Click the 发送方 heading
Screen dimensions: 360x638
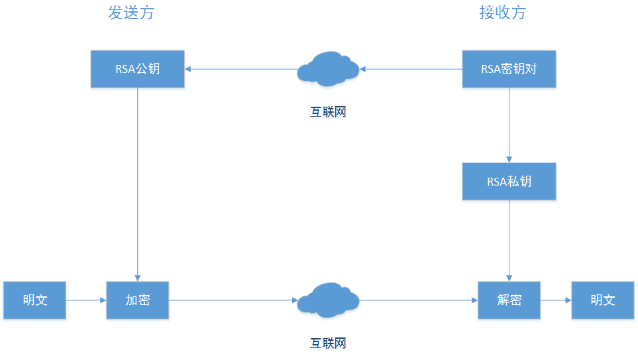pyautogui.click(x=131, y=13)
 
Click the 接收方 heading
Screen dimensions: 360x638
pyautogui.click(x=503, y=13)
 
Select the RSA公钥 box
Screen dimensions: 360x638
pyautogui.click(x=138, y=68)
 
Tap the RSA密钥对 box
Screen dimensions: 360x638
pyautogui.click(x=509, y=68)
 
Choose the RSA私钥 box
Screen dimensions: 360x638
pyautogui.click(x=509, y=181)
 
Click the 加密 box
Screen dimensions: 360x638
pyautogui.click(x=138, y=300)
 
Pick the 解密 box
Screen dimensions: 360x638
pyautogui.click(x=509, y=300)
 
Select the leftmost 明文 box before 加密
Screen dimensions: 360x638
pyautogui.click(x=34, y=300)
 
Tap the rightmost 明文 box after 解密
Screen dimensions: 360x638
pyautogui.click(x=603, y=300)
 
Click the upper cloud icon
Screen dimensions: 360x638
pyautogui.click(x=328, y=69)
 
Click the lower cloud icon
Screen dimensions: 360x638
pyautogui.click(x=328, y=300)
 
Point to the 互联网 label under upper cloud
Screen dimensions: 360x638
pyautogui.click(x=328, y=112)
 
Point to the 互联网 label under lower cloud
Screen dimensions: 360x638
pyautogui.click(x=328, y=343)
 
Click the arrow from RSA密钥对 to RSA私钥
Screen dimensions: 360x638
pyautogui.click(x=509, y=125)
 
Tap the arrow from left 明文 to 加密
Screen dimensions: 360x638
pyautogui.click(x=86, y=300)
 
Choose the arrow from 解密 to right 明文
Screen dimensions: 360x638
pyautogui.click(x=556, y=300)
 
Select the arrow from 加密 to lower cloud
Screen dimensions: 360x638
pyautogui.click(x=232, y=300)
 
